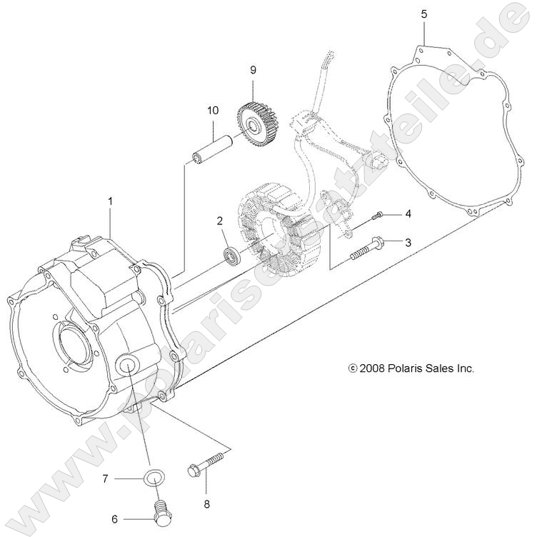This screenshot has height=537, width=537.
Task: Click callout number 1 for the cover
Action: point(111,202)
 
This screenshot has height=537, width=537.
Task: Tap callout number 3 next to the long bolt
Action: point(408,243)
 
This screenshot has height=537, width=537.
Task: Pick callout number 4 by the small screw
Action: point(408,214)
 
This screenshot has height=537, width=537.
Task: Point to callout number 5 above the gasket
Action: point(424,14)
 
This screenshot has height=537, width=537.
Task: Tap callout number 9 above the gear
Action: point(252,70)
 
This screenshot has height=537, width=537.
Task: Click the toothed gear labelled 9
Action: point(258,123)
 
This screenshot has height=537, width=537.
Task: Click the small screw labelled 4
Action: point(379,214)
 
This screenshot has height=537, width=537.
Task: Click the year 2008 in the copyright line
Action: point(373,369)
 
